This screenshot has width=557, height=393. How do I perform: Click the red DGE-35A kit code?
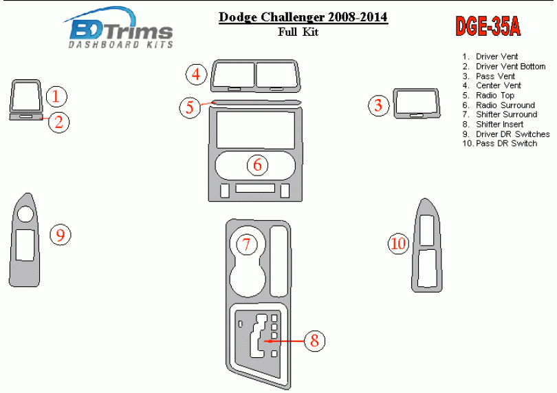click(488, 26)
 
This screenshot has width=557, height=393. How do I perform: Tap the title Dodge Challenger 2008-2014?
click(303, 17)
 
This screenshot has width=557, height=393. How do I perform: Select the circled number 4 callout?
click(197, 75)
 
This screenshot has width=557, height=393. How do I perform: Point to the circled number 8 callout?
click(315, 341)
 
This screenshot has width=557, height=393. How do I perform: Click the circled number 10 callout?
click(398, 244)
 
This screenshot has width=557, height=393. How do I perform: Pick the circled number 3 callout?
click(378, 105)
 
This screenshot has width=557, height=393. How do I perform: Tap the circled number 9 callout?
click(61, 235)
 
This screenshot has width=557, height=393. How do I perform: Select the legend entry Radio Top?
click(488, 95)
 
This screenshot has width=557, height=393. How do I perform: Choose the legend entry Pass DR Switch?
click(500, 143)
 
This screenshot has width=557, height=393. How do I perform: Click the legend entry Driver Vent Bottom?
click(504, 67)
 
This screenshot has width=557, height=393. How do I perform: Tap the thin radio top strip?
click(256, 103)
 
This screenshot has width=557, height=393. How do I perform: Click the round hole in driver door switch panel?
click(25, 214)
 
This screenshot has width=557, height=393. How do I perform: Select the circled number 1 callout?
click(56, 96)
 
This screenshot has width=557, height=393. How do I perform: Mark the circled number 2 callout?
click(58, 123)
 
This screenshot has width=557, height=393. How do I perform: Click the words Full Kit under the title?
click(298, 32)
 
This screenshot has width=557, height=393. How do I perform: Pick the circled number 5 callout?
click(190, 107)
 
